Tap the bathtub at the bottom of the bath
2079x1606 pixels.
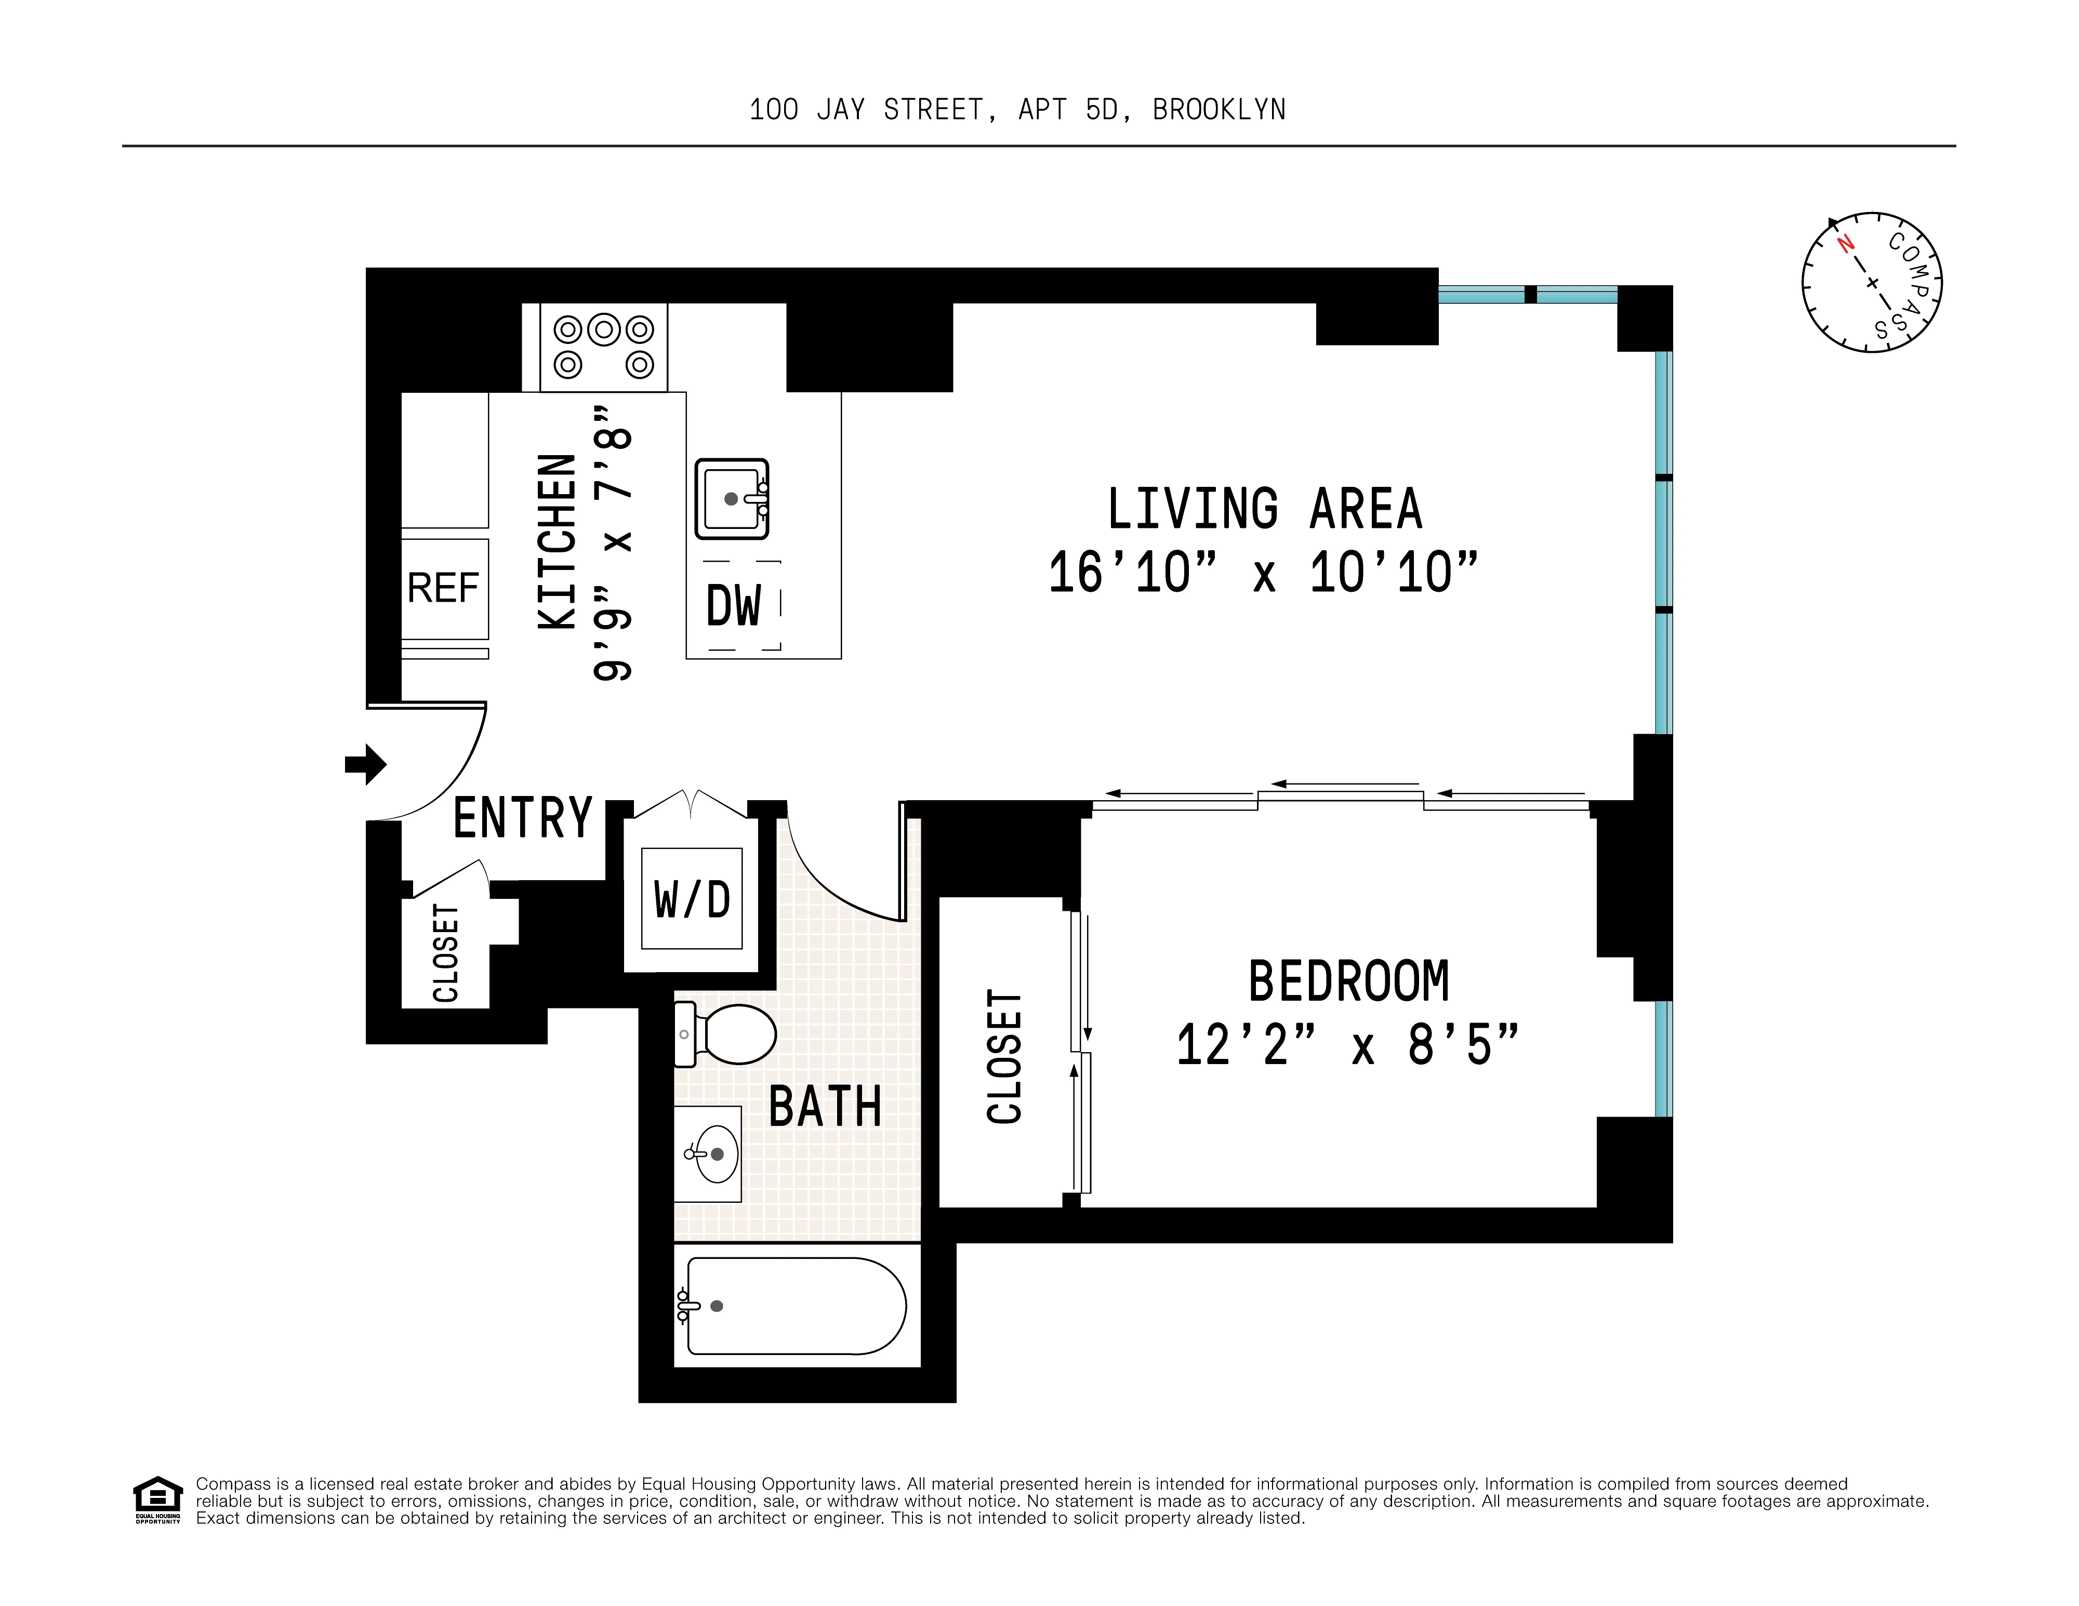(x=795, y=1306)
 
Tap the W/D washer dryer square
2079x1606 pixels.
(x=692, y=899)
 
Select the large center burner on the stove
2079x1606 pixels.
(x=603, y=329)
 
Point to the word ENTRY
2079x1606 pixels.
(x=523, y=818)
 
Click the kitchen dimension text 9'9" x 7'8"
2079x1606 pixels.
(x=613, y=542)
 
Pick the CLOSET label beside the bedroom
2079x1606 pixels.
(x=1004, y=1057)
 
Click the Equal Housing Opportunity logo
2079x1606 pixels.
(x=157, y=1499)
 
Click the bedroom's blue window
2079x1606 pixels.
(x=1662, y=1058)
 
